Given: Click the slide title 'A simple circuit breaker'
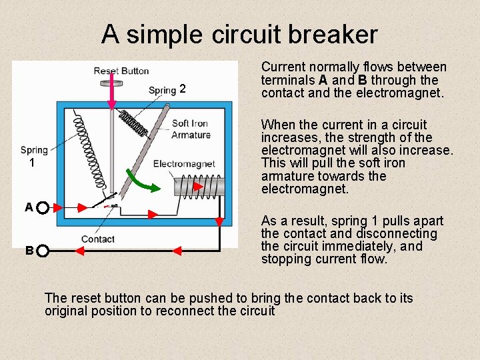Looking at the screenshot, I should pos(239,34).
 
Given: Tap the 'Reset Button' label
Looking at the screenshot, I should pos(121,71).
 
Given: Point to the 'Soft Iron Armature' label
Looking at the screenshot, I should pos(190,129).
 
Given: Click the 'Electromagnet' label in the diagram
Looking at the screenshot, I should pos(183,163).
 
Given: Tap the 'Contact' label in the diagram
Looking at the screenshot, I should pos(98,239).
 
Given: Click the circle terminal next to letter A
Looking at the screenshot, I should pos(42,208).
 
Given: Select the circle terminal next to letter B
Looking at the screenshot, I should pos(42,251).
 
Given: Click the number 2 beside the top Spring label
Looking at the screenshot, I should pos(182,89).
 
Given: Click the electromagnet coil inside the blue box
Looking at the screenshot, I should pos(201,185).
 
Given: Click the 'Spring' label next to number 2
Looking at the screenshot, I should pos(162,90).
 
